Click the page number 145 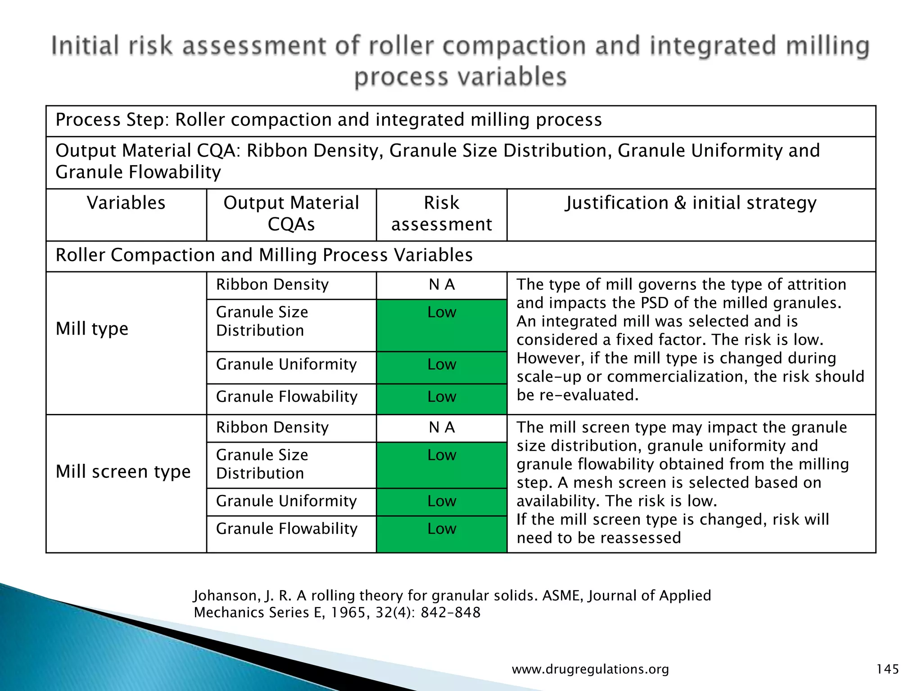coord(887,669)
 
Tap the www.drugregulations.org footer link coord(590,669)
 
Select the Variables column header coord(126,203)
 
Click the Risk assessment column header coord(441,214)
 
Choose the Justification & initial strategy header coord(691,203)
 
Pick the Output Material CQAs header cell coord(291,214)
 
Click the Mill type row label coord(92,329)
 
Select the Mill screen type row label coord(123,471)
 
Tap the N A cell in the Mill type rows coord(442,285)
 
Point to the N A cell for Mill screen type coord(442,427)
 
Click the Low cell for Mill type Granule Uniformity coord(442,364)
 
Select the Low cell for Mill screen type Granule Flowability coord(442,529)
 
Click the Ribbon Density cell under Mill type coord(272,285)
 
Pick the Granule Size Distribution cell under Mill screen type coord(262,464)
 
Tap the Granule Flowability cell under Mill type coord(287,397)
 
